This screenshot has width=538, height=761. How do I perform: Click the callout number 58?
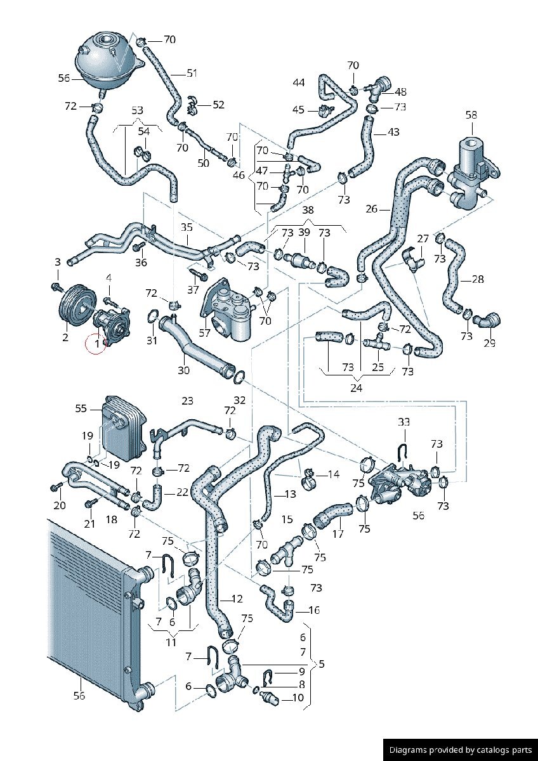click(471, 115)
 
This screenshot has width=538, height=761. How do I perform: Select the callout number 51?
click(192, 74)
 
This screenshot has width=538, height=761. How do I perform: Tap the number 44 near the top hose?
click(299, 82)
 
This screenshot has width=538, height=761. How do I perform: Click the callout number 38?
click(308, 210)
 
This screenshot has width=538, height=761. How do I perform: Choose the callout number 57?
click(204, 332)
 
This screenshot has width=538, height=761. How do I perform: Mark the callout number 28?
click(478, 279)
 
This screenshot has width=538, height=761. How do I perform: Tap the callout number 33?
click(404, 421)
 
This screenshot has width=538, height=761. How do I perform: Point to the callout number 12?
click(237, 599)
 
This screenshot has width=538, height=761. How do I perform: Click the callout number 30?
click(183, 370)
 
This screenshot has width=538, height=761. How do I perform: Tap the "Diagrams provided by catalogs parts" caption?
click(460, 749)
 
